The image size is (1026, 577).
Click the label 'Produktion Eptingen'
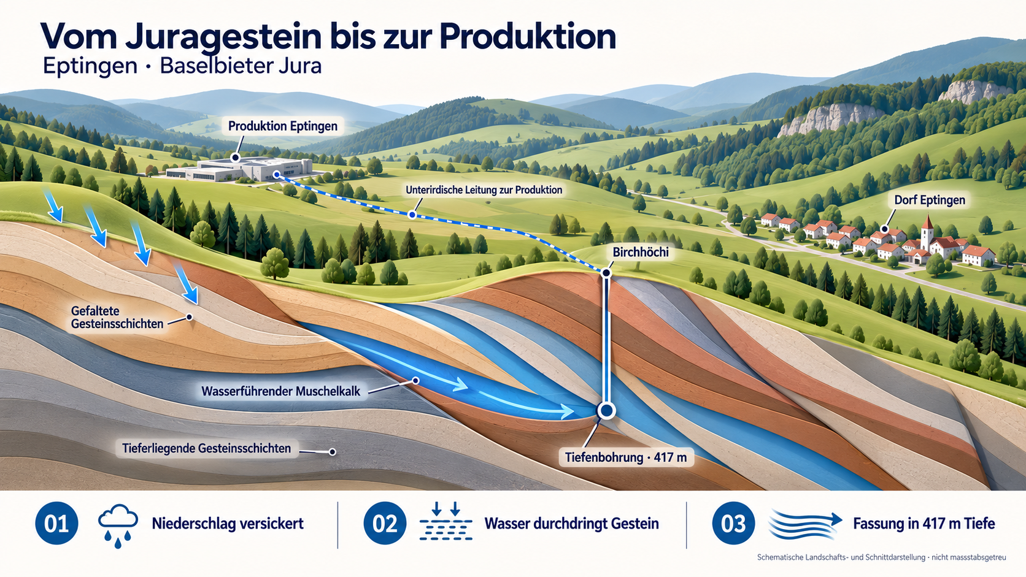[x=283, y=126]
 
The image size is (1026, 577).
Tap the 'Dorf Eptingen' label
[x=930, y=200]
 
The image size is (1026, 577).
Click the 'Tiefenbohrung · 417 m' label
[x=626, y=457]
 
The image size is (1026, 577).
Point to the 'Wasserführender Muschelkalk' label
[x=281, y=391]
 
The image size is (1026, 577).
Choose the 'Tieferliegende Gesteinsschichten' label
[x=207, y=448]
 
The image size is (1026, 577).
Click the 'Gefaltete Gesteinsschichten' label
[x=117, y=317]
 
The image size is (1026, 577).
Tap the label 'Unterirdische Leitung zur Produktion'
[x=484, y=189]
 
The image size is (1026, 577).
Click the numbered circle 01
[x=56, y=523]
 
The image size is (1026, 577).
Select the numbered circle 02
[x=385, y=523]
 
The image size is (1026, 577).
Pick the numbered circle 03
[x=733, y=523]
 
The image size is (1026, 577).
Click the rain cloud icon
[x=118, y=526]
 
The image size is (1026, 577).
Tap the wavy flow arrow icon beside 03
[x=804, y=524]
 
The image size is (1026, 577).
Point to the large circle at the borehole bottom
[x=606, y=410]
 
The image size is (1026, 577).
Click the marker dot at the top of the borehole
[x=606, y=273]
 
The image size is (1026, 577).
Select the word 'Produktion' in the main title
[x=528, y=37]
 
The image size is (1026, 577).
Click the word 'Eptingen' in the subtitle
[x=90, y=66]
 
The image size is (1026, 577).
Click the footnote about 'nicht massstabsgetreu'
[x=882, y=557]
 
